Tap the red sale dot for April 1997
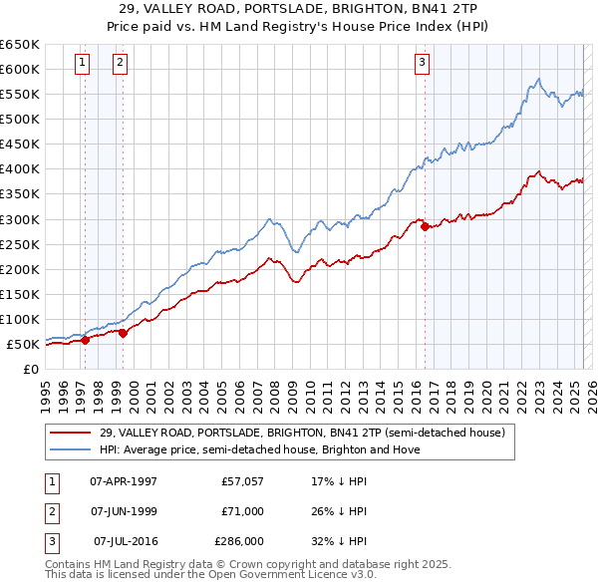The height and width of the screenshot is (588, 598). [x=85, y=340]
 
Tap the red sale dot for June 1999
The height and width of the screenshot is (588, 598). [x=123, y=333]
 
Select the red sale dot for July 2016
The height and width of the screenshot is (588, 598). [x=426, y=226]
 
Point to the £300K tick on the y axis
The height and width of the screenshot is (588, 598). [x=20, y=219]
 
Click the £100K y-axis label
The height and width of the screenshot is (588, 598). [x=20, y=319]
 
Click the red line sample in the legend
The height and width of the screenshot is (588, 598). [x=71, y=433]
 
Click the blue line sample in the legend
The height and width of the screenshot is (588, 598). [x=71, y=449]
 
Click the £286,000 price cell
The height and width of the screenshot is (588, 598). [x=239, y=542]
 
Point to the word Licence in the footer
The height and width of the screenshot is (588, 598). [x=318, y=574]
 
